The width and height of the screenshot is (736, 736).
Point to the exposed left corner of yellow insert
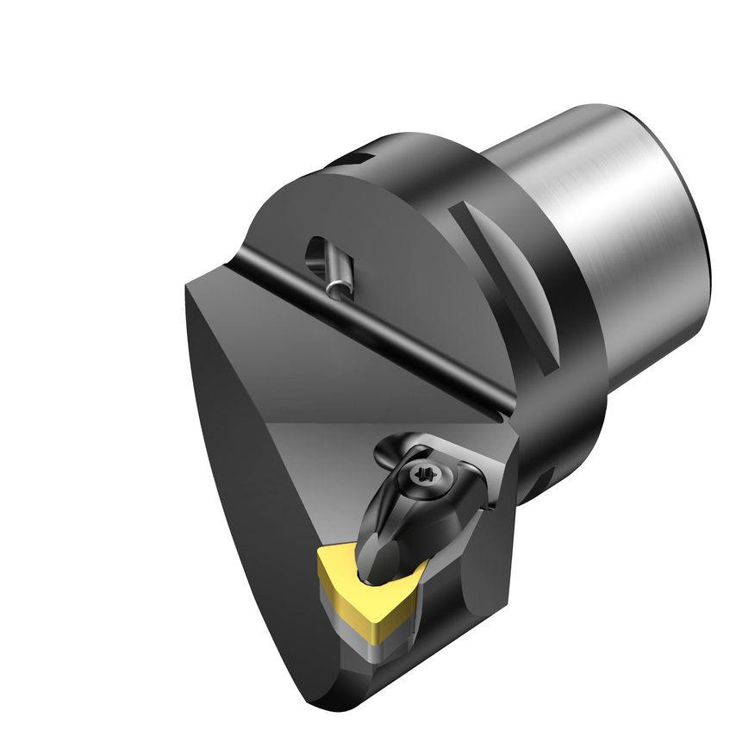321,560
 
